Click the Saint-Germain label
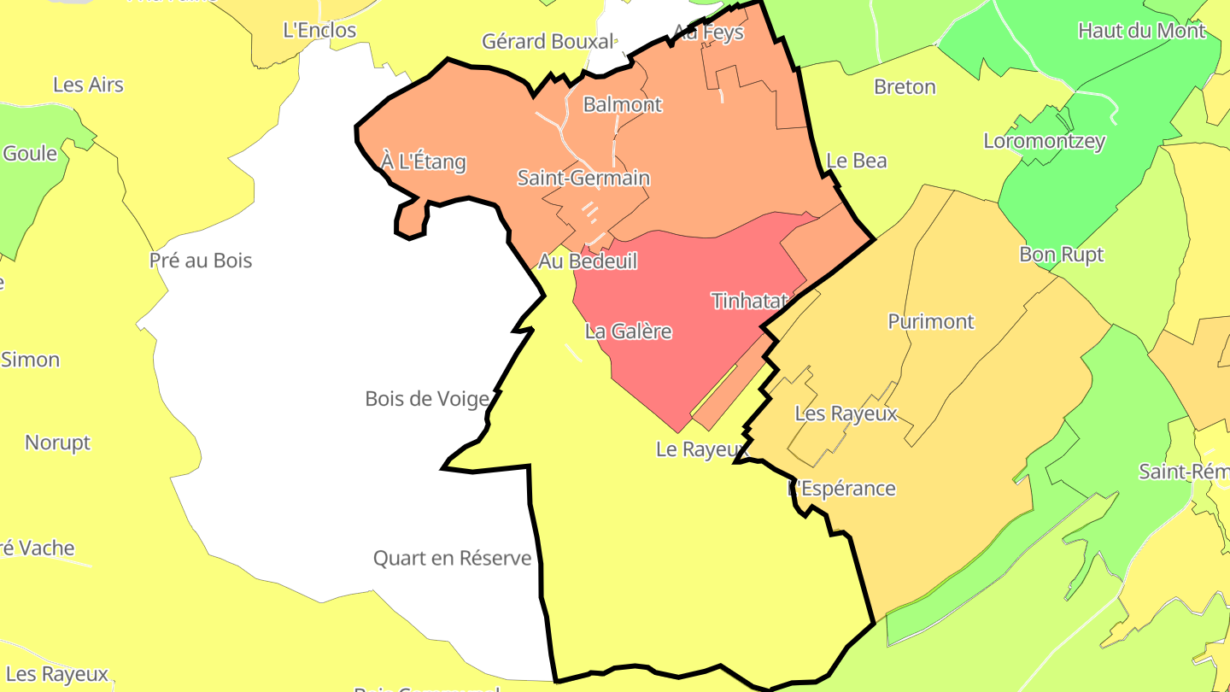(x=583, y=178)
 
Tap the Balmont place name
(x=623, y=104)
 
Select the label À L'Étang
(x=424, y=161)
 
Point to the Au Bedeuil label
(x=588, y=261)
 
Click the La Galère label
(x=628, y=331)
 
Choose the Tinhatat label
(x=748, y=301)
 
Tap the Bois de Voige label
(x=427, y=398)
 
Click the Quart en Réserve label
(x=452, y=558)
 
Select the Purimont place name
(x=931, y=321)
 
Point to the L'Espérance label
(x=842, y=488)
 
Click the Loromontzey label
(x=1044, y=141)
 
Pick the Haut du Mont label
(x=1141, y=31)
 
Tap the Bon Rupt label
(x=1061, y=254)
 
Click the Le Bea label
(x=857, y=161)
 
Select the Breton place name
(x=905, y=86)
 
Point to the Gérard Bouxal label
(x=548, y=41)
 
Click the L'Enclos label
(x=319, y=30)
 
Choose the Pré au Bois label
(x=201, y=260)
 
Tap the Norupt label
(x=57, y=443)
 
